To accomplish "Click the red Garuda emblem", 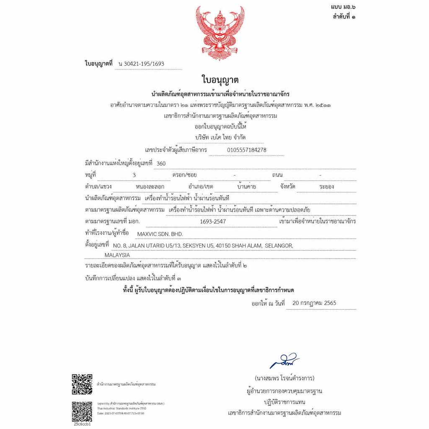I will tap(220, 33).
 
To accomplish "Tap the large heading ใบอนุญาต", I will tap(220, 80).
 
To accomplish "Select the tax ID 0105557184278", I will tap(247, 150).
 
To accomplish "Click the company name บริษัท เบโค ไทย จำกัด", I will tap(220, 137).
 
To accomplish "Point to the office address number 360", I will tap(161, 163).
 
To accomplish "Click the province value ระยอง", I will tap(326, 186).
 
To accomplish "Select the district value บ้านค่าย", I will tap(246, 186).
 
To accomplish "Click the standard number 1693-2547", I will tap(213, 221).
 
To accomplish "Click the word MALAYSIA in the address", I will tap(117, 255).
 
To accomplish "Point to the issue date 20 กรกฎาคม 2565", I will tap(314, 303).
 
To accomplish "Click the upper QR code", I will tap(82, 383).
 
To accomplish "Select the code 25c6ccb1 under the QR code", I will tap(82, 424).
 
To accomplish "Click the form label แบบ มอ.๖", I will tap(343, 7).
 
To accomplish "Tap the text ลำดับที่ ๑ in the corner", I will tap(344, 17).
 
